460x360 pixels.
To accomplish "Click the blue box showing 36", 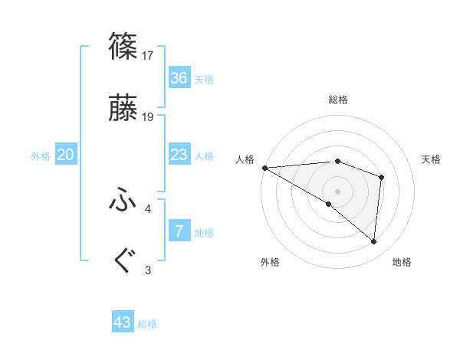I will tap(179, 78).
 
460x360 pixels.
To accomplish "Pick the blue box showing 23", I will tap(179, 155).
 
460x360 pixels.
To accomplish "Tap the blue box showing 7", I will tap(179, 231).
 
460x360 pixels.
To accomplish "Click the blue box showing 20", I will tap(66, 155).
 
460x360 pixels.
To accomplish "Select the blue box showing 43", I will tap(123, 322).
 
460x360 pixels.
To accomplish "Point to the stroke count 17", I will tap(149, 55).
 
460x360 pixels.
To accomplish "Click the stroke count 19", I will tap(149, 117).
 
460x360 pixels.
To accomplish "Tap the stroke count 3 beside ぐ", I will tap(148, 270).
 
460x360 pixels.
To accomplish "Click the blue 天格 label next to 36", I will tap(204, 79).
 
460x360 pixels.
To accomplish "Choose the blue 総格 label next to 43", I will tap(147, 324).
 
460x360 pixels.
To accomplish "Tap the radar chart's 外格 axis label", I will tap(270, 262).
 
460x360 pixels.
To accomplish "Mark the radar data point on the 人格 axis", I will tap(264, 167).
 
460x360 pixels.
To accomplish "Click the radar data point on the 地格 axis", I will tap(374, 241).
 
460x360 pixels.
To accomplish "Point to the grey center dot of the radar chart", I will tap(337, 191).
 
